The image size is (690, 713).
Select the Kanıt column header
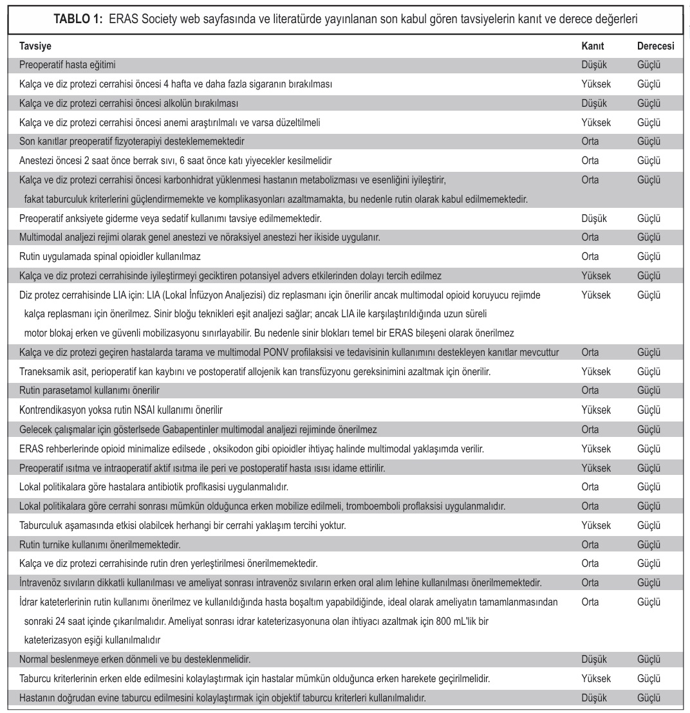click(592, 47)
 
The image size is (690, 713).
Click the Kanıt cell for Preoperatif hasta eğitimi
click(593, 65)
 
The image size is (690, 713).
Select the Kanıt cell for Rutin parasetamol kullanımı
click(590, 390)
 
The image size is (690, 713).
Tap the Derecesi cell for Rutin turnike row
click(649, 544)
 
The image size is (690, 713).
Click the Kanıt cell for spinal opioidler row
click(590, 256)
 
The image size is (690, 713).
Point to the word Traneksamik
click(46, 371)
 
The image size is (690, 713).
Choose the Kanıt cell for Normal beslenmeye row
click(593, 660)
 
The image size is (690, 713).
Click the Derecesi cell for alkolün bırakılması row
click(649, 103)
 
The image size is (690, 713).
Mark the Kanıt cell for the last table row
click(593, 698)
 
